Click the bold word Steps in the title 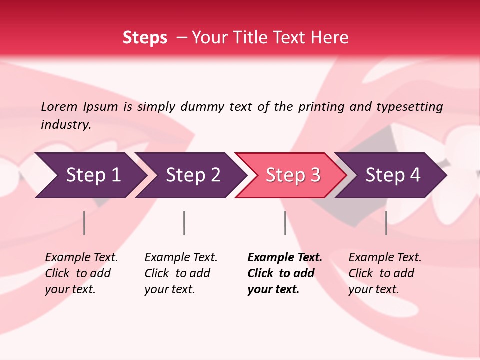(145, 37)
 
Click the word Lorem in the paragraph (59, 106)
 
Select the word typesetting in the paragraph (410, 106)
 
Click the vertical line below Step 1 (84, 223)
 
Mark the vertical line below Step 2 (184, 223)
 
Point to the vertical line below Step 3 (285, 223)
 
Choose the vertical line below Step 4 (386, 223)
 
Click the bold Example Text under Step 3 (285, 257)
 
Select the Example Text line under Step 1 (81, 257)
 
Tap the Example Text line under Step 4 (385, 257)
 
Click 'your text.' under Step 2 (169, 289)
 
